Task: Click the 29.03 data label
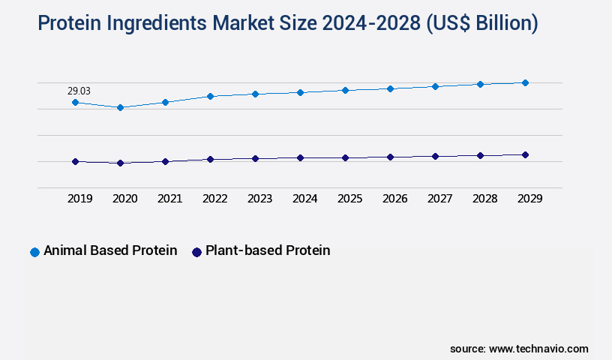pos(79,91)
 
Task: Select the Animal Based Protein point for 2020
pos(120,107)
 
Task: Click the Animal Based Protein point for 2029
pos(525,82)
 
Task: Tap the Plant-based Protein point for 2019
pos(75,161)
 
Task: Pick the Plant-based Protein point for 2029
pos(525,154)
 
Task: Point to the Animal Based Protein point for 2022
pos(210,96)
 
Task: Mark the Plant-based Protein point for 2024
pos(300,157)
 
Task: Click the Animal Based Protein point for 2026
pos(390,88)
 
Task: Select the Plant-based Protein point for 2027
pos(435,156)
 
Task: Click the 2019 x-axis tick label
pos(79,199)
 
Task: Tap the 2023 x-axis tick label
pos(259,199)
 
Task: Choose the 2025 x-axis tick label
pos(349,199)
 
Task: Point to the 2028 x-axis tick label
pos(484,199)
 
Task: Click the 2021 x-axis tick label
pos(169,199)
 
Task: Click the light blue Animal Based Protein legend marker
pos(34,252)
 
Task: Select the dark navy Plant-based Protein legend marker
pos(197,252)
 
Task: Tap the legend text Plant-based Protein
pos(268,250)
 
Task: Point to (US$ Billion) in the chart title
pos(481,23)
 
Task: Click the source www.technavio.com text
pos(519,349)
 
